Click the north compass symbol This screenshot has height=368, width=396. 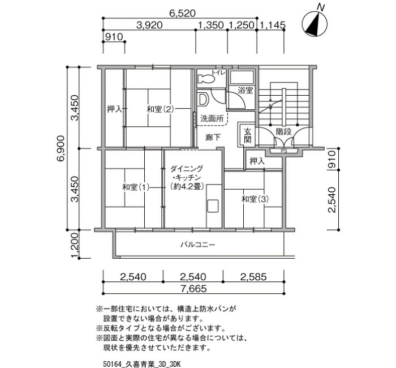coord(315,24)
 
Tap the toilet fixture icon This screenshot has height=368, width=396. coord(206,79)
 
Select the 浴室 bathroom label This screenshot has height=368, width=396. coord(246,90)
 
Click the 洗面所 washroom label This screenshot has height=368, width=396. coord(212,118)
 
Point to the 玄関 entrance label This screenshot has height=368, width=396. coord(248,136)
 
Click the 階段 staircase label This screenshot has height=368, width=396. coord(283,132)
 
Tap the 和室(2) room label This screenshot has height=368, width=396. coord(160,109)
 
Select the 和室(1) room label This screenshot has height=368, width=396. coord(136,187)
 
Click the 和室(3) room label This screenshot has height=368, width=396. coord(255,199)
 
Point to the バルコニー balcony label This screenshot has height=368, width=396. coord(198,245)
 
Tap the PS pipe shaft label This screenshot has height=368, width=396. coord(284,151)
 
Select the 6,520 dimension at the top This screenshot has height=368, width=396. coord(182,13)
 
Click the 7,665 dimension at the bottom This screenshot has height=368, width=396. coord(193,288)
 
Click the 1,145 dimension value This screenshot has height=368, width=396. coord(273,25)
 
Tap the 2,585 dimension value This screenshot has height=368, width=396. coord(253,277)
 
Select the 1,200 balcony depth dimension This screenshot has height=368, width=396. coord(75,245)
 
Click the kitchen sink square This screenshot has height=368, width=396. coord(212,205)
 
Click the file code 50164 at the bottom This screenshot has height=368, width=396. coord(112,364)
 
